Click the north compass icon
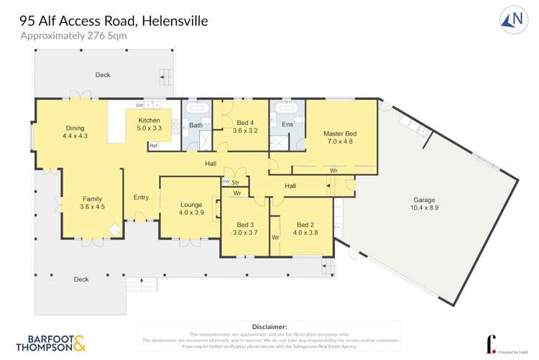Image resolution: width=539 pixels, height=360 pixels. [x=511, y=20]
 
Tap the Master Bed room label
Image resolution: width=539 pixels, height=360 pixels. [x=339, y=138]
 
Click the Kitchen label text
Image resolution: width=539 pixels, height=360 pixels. [x=149, y=124]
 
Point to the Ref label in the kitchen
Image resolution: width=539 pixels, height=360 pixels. [x=152, y=146]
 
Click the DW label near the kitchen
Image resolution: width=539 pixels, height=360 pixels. [x=139, y=106]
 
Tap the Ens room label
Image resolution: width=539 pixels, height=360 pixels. [x=287, y=125]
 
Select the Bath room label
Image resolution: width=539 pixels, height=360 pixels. [x=195, y=126]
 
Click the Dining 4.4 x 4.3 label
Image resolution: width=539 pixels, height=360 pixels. [x=75, y=132]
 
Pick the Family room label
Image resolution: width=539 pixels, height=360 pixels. [x=92, y=203]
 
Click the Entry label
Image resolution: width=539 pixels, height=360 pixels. [x=141, y=198]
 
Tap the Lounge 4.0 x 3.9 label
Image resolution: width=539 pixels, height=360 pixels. [x=191, y=208]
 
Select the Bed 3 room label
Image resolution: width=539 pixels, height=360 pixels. [x=245, y=229]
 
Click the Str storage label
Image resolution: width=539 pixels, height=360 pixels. [x=235, y=183]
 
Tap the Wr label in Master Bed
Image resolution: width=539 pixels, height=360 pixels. [x=334, y=170]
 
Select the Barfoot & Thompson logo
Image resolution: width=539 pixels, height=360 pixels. [x=50, y=342]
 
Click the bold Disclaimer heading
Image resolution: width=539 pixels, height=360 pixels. [x=269, y=326]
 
